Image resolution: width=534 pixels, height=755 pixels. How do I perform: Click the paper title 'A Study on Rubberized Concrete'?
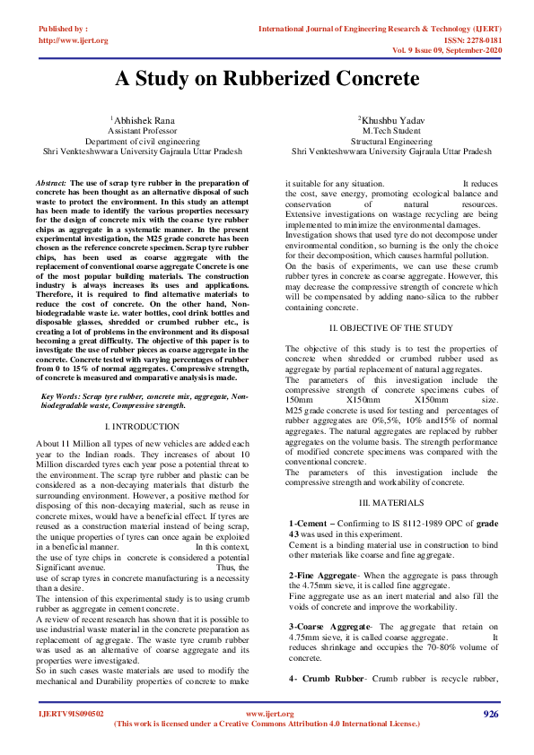[267, 78]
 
